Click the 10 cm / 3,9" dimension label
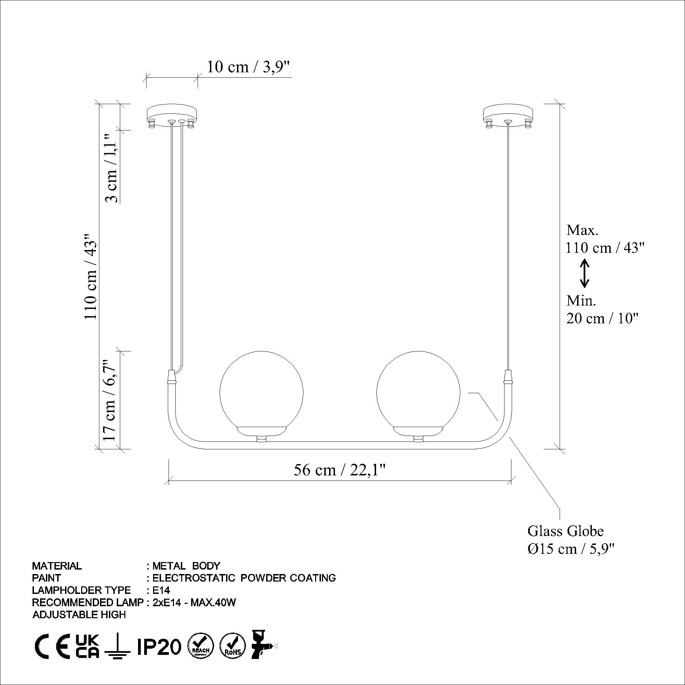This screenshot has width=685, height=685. coord(248,67)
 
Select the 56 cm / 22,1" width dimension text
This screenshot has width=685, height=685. coord(339,471)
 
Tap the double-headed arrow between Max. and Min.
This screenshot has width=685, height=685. coord(584,273)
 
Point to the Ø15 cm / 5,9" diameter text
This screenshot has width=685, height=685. coord(571,548)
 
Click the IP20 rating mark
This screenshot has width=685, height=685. coord(159,646)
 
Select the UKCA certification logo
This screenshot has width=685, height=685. coord(88,646)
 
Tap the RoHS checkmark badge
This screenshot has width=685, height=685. coord(233,646)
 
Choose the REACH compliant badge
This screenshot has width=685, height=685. coord(200,646)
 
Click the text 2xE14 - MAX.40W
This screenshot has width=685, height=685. coord(194,602)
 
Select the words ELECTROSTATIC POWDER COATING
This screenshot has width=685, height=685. coord(244,577)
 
